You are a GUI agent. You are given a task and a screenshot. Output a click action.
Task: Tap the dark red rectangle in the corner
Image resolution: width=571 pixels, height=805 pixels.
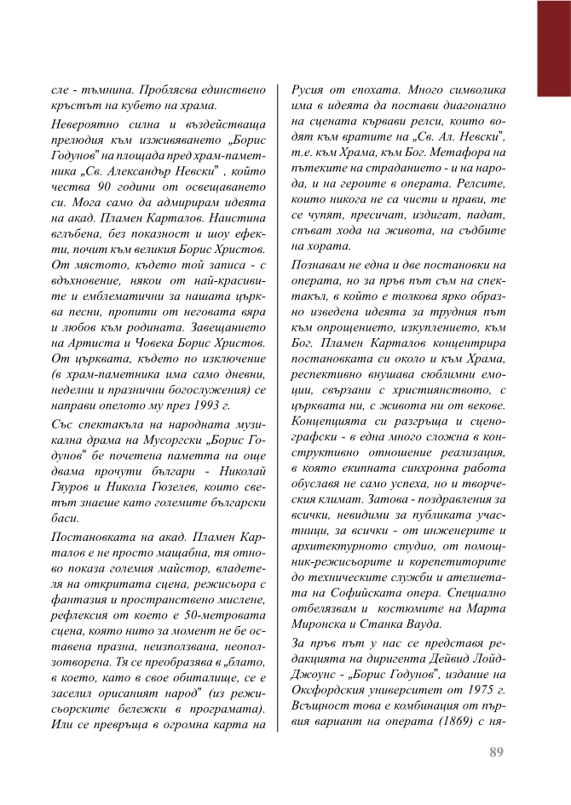point(553,47)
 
